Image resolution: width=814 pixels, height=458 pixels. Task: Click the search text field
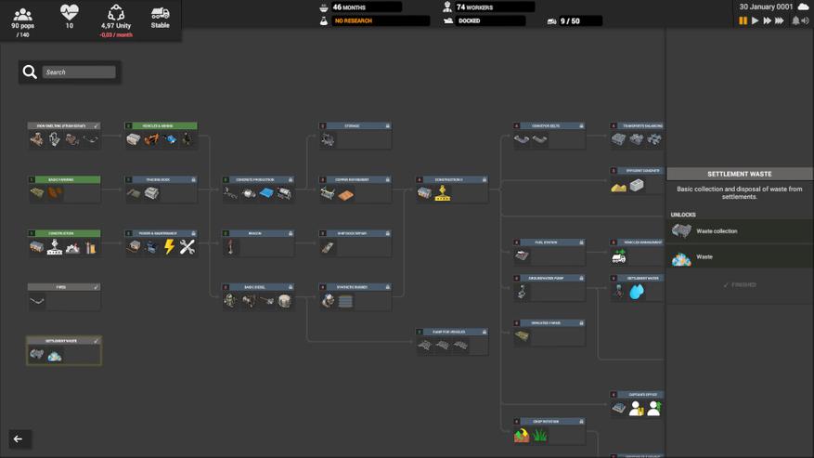(79, 72)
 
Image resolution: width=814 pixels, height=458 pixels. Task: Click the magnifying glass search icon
(30, 72)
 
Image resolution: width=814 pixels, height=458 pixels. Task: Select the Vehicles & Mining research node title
(162, 125)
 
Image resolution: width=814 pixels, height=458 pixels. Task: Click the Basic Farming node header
(64, 179)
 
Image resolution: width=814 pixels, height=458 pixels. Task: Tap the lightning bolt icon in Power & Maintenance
(169, 247)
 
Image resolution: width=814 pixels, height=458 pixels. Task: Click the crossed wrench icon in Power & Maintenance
(187, 247)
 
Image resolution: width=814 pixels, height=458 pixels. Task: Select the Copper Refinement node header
(355, 179)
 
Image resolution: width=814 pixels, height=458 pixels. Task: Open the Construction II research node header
(451, 179)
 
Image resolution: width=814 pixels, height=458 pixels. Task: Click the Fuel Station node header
(549, 242)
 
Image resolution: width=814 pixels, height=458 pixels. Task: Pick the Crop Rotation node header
(549, 421)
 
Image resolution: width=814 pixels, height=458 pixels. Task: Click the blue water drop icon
(636, 292)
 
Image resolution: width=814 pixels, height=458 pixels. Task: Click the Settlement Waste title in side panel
(739, 174)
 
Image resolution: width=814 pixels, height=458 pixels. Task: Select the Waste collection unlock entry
(717, 231)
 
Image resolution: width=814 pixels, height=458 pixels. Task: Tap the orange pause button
(743, 20)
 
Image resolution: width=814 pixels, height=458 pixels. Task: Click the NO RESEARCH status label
(381, 20)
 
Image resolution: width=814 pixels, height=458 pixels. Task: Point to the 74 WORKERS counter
(475, 7)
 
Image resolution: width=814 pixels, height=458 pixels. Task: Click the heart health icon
(70, 12)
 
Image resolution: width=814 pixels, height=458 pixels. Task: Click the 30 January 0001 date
(766, 7)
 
